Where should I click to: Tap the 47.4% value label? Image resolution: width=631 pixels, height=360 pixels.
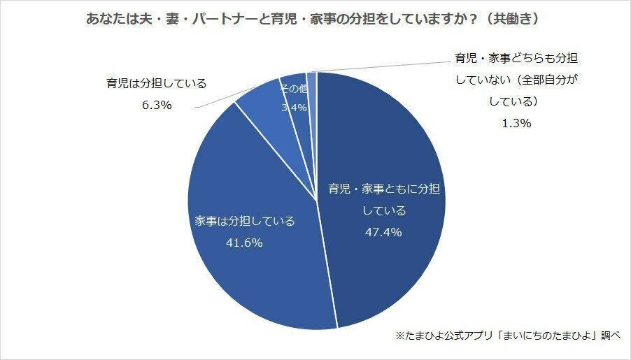[382, 232]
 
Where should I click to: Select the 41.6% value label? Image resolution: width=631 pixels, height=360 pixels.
[243, 243]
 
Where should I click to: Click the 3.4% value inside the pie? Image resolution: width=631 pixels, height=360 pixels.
[291, 108]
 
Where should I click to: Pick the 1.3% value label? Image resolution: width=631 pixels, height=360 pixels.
[517, 123]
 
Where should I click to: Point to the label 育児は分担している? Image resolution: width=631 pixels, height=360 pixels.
[156, 84]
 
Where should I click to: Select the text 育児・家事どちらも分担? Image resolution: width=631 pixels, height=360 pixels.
[516, 58]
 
